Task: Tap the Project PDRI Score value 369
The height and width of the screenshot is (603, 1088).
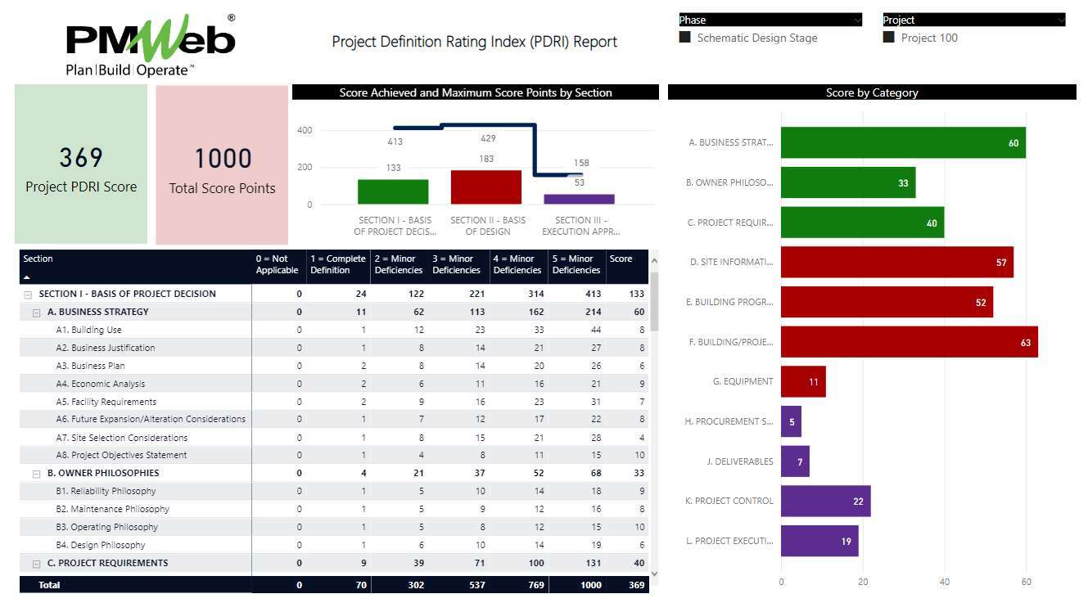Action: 81,157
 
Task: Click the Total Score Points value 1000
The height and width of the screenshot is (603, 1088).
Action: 222,159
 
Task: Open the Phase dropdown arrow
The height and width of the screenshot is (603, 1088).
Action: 857,20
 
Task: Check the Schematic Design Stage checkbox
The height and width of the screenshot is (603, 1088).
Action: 685,38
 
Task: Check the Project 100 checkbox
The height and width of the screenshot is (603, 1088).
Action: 889,38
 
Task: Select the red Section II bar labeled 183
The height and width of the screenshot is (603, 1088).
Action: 485,187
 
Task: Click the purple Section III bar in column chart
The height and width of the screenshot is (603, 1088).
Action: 579,199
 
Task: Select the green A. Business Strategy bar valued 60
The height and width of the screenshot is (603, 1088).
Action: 902,143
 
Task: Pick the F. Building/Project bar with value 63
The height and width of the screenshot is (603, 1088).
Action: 909,342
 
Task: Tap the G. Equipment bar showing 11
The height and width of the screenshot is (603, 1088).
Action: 803,381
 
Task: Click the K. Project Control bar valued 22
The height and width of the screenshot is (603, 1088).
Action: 825,501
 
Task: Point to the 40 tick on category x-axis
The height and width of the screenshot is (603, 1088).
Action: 944,582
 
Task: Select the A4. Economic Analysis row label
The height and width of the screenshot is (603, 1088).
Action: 108,384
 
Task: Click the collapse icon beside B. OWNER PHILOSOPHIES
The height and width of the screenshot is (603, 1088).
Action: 36,473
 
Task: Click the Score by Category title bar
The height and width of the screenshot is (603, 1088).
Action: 871,92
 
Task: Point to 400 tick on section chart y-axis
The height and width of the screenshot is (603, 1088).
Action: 304,130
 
